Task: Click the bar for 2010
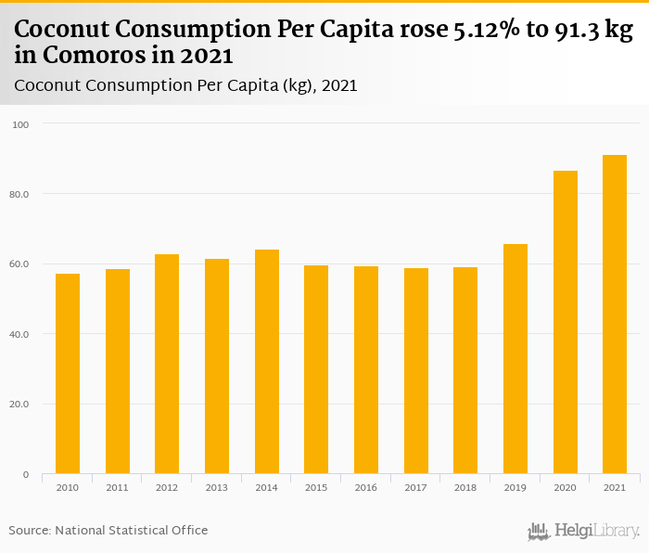(68, 374)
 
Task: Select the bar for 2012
(167, 364)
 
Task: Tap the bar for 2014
(266, 362)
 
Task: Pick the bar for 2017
(415, 371)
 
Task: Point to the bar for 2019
(515, 359)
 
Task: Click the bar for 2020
(565, 322)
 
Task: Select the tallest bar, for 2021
(615, 315)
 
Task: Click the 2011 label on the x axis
(117, 487)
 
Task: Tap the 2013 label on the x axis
(216, 487)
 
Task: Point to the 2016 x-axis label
(365, 487)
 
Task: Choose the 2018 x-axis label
(464, 487)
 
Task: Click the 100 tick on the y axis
(21, 124)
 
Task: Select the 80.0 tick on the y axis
(20, 194)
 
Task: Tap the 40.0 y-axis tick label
(20, 334)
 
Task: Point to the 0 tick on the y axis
(26, 474)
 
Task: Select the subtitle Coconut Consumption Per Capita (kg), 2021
(185, 85)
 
